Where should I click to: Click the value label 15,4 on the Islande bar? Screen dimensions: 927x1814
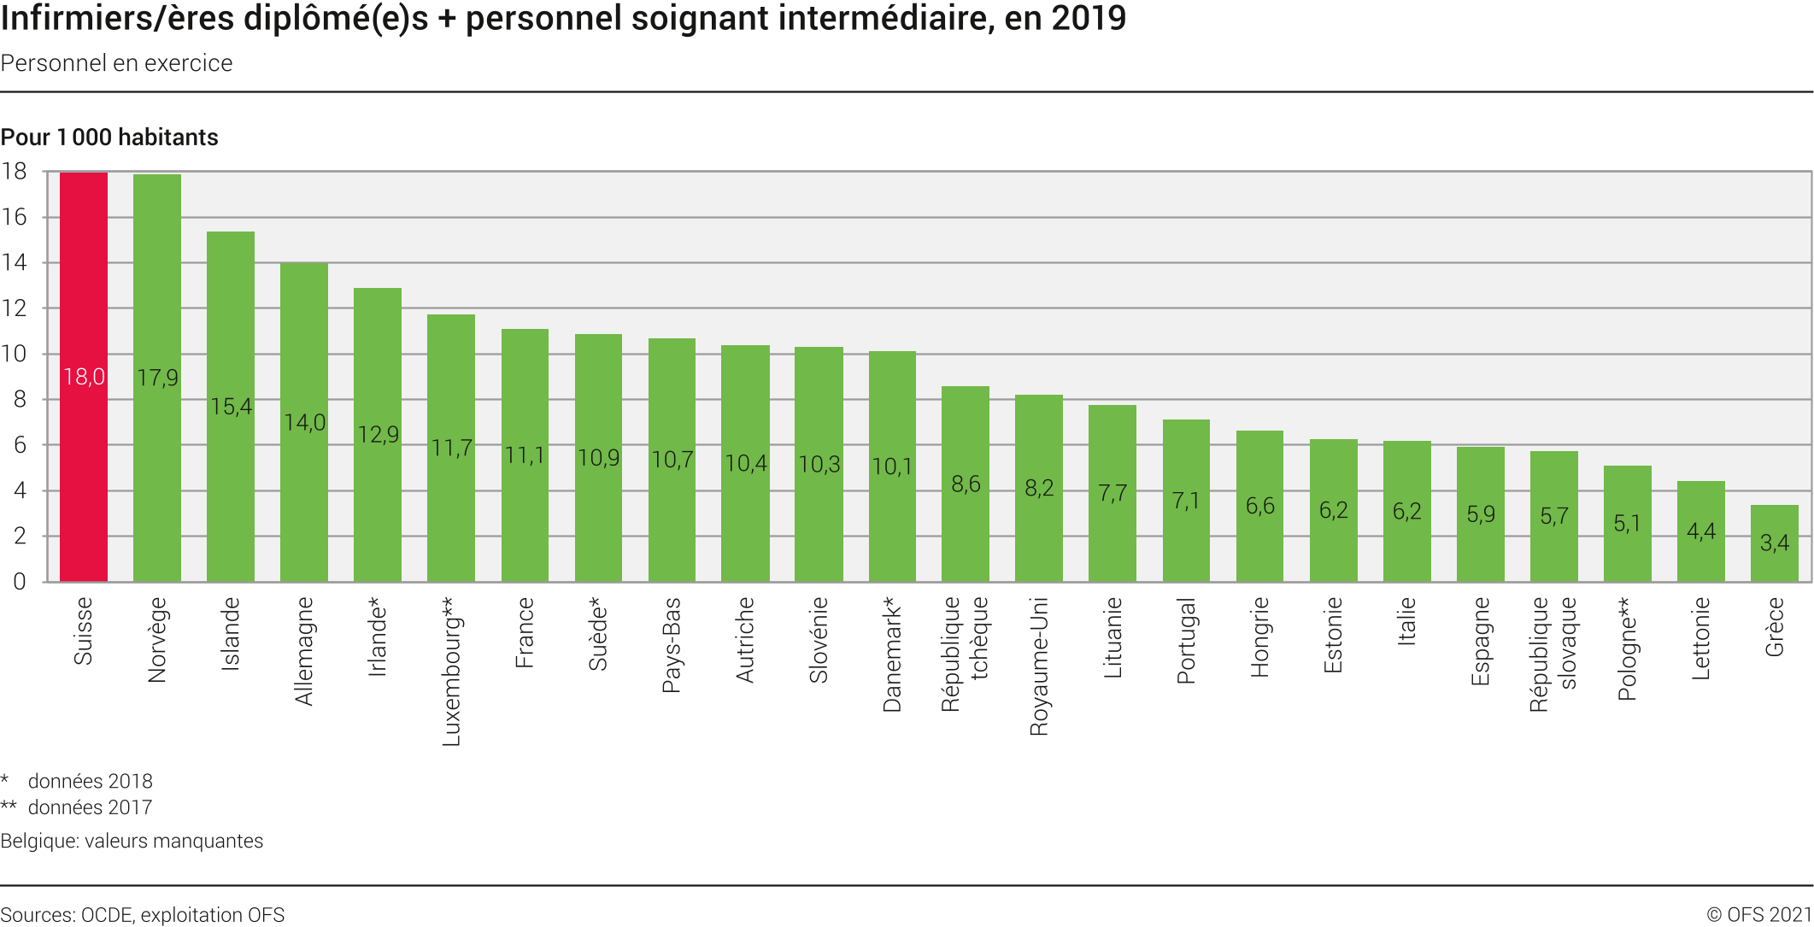(232, 407)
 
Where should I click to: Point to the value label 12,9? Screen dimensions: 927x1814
(379, 435)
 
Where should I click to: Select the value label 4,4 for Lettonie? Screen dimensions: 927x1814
(1700, 531)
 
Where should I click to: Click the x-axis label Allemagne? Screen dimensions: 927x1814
(305, 651)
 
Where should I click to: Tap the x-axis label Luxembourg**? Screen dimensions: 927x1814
(451, 672)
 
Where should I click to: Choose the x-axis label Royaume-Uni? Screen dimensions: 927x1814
(1039, 666)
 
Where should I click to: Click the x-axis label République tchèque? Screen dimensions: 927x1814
(966, 654)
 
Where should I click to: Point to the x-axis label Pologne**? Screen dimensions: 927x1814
(1627, 648)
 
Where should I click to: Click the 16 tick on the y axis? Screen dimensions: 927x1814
(15, 217)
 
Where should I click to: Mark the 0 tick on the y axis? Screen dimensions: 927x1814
(19, 582)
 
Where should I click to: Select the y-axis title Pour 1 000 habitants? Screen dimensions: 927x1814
(109, 138)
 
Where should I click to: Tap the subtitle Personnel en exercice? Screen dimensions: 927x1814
(117, 63)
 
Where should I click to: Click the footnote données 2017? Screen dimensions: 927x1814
(90, 807)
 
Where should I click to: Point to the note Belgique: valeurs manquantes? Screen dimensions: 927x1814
(132, 841)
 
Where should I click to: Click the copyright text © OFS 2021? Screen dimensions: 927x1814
(1759, 914)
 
